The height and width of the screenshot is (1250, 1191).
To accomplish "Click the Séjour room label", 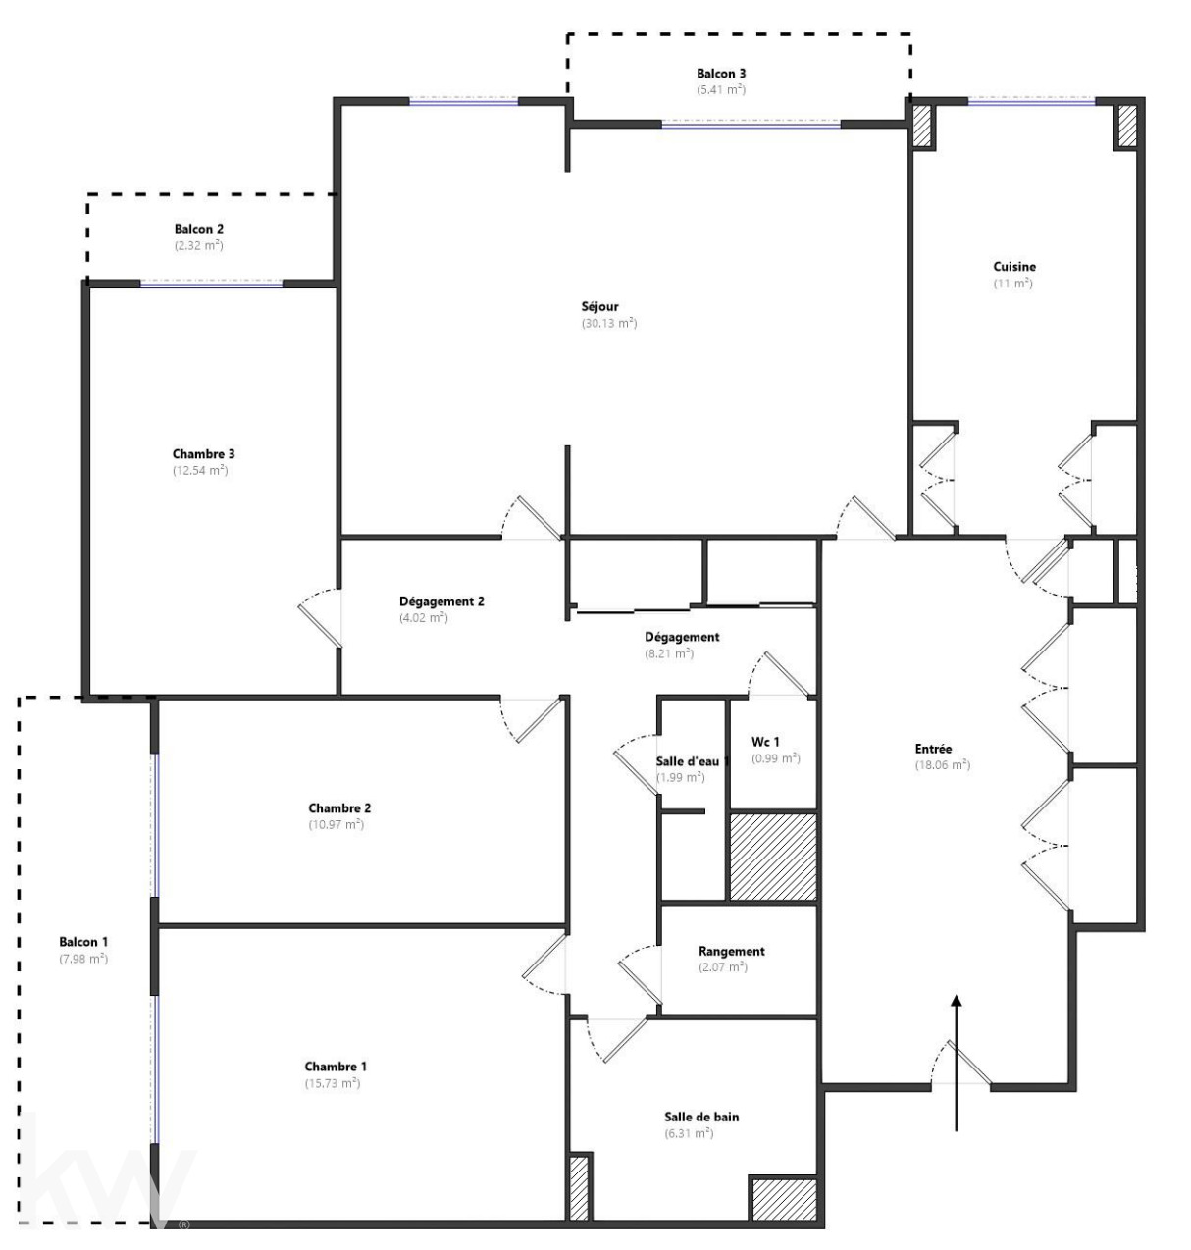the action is (x=599, y=306).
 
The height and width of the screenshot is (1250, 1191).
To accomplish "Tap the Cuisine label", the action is (x=1014, y=267).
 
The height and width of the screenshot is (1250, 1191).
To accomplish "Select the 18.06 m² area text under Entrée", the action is (x=943, y=765).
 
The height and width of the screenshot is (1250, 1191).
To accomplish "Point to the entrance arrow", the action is (x=956, y=1063).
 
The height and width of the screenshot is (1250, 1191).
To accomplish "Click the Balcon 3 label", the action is (x=721, y=74).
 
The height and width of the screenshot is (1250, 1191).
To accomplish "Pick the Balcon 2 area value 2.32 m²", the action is (x=199, y=245).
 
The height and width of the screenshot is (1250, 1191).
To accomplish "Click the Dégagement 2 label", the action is (x=441, y=601).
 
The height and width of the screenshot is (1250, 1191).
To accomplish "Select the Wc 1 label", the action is (x=765, y=742).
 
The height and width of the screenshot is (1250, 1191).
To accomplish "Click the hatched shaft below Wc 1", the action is (x=773, y=857).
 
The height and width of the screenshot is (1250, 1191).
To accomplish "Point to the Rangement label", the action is (x=731, y=951).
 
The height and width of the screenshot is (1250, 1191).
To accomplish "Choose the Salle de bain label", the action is (x=701, y=1117).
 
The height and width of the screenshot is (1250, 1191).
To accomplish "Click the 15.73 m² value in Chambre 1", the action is (x=333, y=1083).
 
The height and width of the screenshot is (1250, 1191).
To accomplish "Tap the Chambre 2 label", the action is (x=339, y=808).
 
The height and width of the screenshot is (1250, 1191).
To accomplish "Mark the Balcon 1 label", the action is (x=83, y=942).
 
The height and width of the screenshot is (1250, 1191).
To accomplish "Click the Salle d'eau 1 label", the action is (x=693, y=761).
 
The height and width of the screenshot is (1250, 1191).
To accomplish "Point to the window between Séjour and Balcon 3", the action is (x=751, y=125).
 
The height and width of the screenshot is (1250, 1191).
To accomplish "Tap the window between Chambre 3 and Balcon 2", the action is (x=211, y=285).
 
